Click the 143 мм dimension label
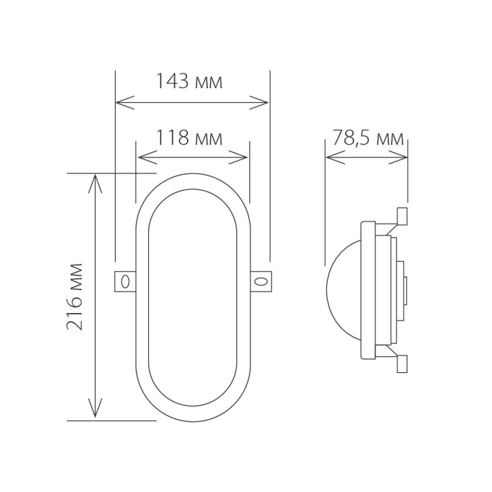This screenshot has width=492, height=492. (189, 82)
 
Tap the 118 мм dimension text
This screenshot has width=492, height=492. (189, 138)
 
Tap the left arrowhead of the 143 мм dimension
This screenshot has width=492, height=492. (121, 103)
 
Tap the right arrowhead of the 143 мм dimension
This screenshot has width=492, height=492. (263, 103)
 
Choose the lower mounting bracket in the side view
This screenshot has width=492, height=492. (397, 361)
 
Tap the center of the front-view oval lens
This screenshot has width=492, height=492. (192, 296)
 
